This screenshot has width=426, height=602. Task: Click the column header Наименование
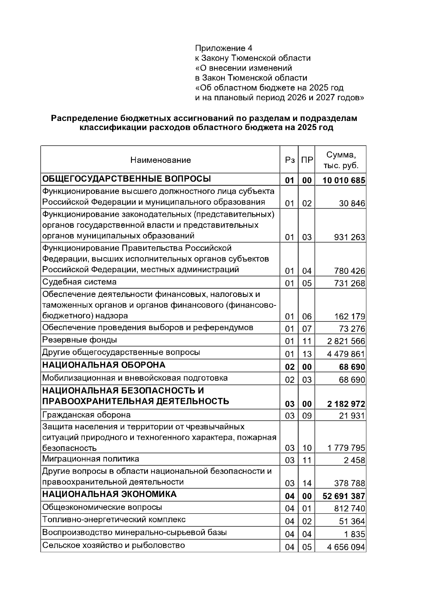point(160,160)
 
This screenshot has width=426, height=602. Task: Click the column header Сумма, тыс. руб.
point(341,160)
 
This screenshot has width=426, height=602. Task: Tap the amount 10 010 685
point(344,181)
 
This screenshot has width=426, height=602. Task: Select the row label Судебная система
point(79,282)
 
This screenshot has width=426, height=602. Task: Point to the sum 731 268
point(349,283)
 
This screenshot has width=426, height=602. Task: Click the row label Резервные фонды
point(80,340)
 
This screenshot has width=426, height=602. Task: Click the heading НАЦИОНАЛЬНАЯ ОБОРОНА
point(104,365)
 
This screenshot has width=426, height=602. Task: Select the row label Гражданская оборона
point(86,415)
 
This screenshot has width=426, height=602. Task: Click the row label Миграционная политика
point(91,459)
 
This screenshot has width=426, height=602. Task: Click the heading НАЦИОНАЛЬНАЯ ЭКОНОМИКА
point(109,494)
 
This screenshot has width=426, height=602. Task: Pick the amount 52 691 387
point(344,496)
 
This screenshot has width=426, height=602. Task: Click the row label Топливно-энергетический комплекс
point(114,520)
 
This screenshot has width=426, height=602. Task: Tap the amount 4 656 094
point(346,547)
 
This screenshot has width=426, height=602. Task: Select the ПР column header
point(307,160)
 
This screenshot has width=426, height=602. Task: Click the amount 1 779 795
point(346,448)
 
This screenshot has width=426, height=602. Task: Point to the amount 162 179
point(349,316)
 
